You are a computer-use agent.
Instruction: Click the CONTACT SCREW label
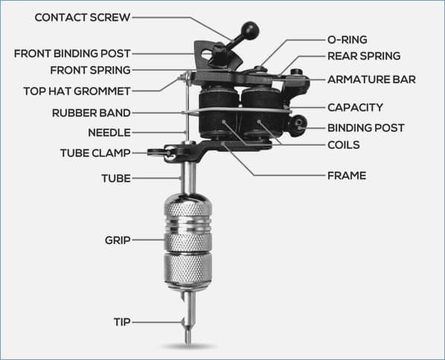[83, 18]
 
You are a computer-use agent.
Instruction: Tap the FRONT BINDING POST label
[72, 54]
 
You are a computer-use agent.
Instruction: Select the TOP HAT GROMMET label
[77, 91]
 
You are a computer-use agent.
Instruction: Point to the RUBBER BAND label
[91, 113]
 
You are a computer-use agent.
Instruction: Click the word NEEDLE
[109, 132]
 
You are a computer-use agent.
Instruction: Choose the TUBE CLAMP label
[95, 153]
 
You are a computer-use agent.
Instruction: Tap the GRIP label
[118, 240]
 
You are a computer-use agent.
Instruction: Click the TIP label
[122, 322]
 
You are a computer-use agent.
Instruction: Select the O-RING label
[347, 39]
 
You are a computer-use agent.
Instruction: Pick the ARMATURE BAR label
[371, 80]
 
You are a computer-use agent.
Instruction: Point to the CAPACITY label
[355, 108]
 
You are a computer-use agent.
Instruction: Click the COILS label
[343, 145]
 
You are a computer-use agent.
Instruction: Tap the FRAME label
[347, 176]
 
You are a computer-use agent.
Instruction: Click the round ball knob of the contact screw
[250, 30]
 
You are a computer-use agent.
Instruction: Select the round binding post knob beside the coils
[298, 125]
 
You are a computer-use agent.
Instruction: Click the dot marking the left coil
[224, 121]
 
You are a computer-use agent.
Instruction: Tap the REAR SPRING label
[364, 57]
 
